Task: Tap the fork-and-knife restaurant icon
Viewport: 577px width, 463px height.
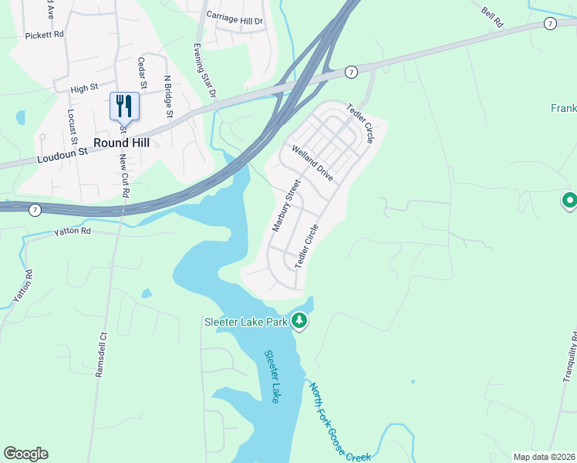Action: click(x=124, y=106)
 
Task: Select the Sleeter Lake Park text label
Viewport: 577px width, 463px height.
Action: click(x=245, y=321)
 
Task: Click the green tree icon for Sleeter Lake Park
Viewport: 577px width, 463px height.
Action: click(x=299, y=321)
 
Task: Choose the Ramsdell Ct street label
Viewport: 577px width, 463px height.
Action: click(x=100, y=353)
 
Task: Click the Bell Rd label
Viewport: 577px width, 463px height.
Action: click(x=491, y=19)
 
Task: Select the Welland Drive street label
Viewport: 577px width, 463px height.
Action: click(x=312, y=163)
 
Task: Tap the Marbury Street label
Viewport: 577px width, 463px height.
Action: click(x=285, y=206)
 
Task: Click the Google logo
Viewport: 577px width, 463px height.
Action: click(x=25, y=454)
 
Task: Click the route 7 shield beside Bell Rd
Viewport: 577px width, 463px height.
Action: click(x=549, y=23)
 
